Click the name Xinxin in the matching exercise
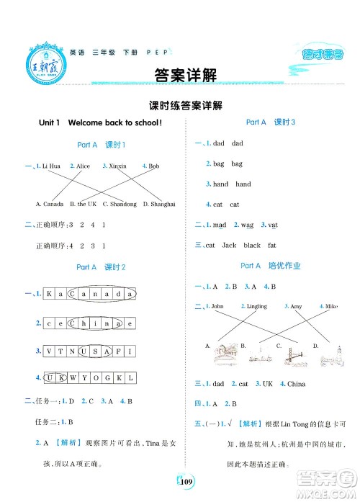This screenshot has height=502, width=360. click(116, 166)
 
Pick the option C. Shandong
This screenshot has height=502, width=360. click(120, 205)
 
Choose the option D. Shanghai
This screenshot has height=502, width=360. click(159, 205)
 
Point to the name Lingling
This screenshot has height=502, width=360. click(256, 307)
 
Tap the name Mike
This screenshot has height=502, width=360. click(330, 307)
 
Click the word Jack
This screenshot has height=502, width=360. click(229, 246)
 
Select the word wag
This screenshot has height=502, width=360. click(248, 225)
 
